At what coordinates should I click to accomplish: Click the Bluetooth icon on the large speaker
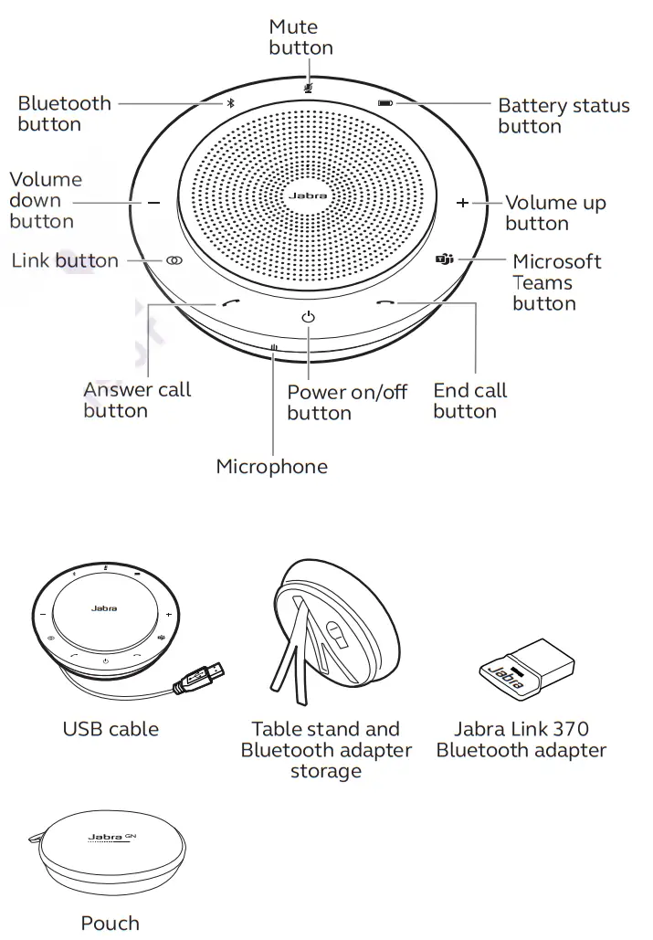[x=230, y=103]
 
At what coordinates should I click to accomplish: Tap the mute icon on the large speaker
[x=308, y=88]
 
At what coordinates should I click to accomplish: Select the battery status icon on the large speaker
[x=386, y=103]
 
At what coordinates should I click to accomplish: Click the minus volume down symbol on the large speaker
[x=153, y=203]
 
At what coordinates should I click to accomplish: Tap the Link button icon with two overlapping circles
[x=174, y=260]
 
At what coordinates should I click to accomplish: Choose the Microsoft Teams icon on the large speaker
[x=444, y=260]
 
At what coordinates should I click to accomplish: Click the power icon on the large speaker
[x=308, y=316]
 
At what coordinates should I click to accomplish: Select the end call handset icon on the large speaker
[x=385, y=303]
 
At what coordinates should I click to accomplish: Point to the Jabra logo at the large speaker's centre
[x=308, y=195]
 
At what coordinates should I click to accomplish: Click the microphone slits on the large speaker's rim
[x=273, y=347]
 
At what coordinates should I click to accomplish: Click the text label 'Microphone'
[x=271, y=467]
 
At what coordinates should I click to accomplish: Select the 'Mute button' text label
[x=300, y=37]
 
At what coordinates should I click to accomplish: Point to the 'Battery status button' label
[x=563, y=116]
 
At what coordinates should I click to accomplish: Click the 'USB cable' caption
[x=111, y=729]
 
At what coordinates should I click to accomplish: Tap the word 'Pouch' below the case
[x=111, y=923]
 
